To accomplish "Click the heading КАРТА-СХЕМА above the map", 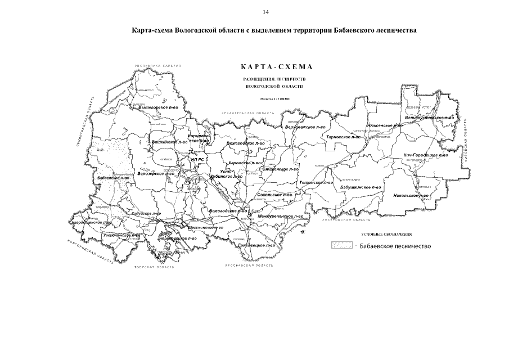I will tap(275, 67).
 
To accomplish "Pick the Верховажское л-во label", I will tap(305, 127).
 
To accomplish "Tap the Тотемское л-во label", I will tap(318, 182).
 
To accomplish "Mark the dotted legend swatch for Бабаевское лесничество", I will tap(342, 245).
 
